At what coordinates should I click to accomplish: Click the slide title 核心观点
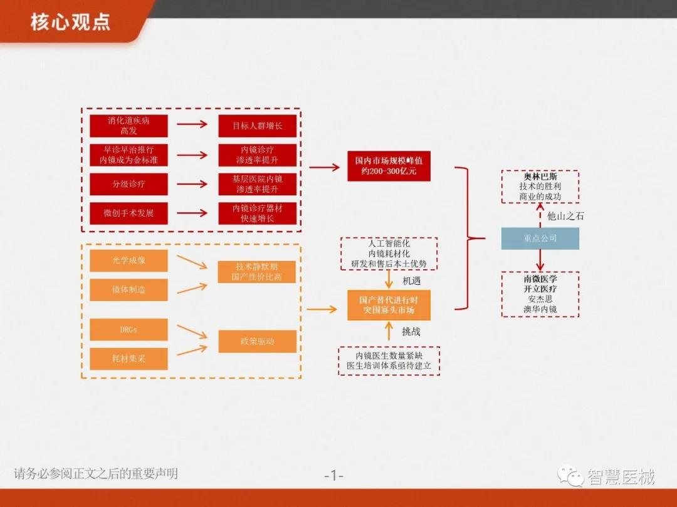70,22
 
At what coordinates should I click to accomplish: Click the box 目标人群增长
257,126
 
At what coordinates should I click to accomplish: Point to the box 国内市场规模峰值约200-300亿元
389,166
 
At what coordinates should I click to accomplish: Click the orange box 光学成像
129,260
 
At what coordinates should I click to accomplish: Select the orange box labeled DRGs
129,329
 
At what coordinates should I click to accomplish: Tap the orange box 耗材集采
129,359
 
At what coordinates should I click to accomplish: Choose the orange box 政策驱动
257,342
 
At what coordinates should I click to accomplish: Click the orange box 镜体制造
129,290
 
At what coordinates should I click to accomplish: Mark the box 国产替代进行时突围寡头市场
389,305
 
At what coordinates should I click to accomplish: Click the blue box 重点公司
540,238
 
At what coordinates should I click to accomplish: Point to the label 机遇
411,280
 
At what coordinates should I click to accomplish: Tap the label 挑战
411,332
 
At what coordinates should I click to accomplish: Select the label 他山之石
565,216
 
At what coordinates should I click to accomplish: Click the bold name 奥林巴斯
540,177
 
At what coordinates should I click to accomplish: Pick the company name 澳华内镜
540,309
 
